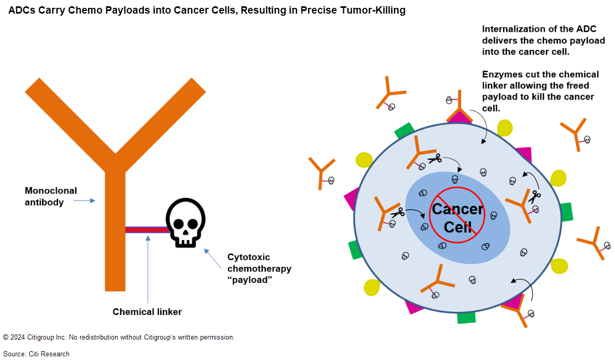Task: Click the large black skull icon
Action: point(185,222)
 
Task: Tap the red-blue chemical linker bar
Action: point(146,229)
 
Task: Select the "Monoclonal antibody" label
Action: point(51,196)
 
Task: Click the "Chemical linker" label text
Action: point(147,312)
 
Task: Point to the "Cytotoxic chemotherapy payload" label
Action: point(259,268)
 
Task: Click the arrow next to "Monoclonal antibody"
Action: point(84,200)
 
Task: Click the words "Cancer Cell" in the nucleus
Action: point(457,218)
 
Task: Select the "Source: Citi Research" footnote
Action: point(36,354)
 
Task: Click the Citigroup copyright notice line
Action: point(119,337)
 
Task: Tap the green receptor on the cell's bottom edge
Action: point(466,317)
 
